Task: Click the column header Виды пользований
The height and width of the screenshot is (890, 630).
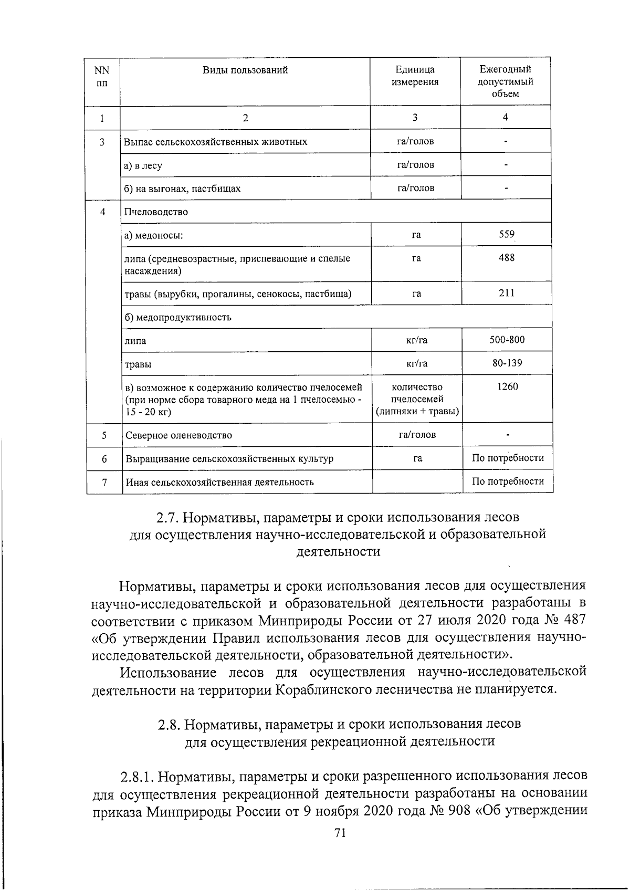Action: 245,70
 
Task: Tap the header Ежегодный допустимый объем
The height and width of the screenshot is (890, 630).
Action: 505,81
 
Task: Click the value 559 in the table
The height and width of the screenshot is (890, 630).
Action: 507,234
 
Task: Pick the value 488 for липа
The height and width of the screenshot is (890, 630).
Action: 507,257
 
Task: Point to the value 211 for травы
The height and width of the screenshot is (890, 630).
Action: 507,293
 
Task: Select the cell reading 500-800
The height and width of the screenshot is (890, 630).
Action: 507,339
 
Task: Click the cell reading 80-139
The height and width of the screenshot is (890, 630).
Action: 507,363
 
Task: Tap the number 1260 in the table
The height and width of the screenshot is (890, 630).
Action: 507,386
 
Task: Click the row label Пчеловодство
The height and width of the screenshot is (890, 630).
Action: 156,212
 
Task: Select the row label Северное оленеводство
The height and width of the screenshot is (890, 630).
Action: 178,435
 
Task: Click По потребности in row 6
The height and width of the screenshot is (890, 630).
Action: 508,458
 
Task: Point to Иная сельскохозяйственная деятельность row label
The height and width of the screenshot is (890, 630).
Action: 219,482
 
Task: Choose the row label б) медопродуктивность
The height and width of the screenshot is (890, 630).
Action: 177,317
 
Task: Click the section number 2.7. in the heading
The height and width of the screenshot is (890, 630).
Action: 169,518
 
